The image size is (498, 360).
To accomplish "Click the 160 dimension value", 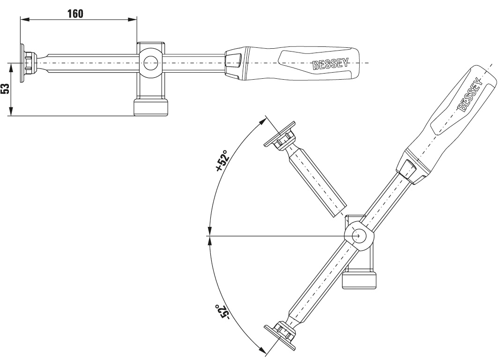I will (x=74, y=13).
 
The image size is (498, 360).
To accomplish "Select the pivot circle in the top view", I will (x=150, y=62).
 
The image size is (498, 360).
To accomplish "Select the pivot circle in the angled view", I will (x=360, y=235).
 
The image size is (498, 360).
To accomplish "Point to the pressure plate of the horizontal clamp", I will (x=22, y=63).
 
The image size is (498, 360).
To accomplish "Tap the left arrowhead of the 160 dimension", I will (x=24, y=19).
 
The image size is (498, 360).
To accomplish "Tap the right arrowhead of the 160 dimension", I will (x=133, y=19).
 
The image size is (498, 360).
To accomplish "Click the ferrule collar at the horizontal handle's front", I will (x=234, y=63).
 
